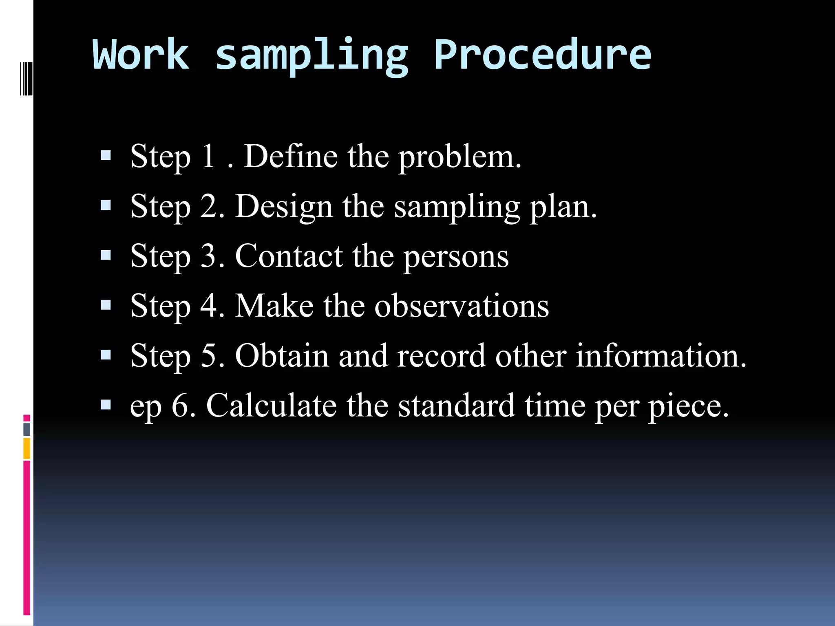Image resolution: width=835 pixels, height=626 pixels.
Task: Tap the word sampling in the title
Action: (311, 56)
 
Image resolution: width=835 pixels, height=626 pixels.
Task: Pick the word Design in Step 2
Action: (284, 207)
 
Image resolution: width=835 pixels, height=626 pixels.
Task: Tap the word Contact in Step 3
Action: (289, 256)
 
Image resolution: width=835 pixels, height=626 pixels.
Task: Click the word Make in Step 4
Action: (274, 306)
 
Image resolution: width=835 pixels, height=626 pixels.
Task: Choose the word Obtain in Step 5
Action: (282, 356)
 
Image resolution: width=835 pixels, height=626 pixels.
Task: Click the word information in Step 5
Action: (660, 356)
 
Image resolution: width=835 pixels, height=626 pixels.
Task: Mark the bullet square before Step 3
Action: (106, 256)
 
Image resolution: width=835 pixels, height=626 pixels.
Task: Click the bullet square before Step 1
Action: (106, 156)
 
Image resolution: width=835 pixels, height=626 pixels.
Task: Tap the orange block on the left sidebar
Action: (27, 448)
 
